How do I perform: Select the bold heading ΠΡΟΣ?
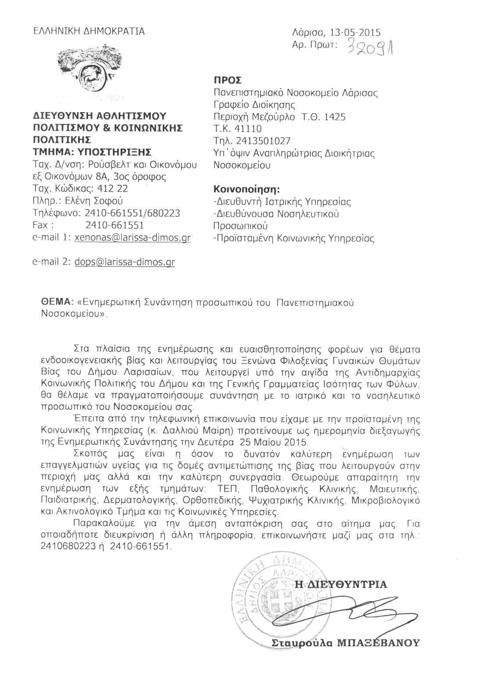pyautogui.click(x=227, y=80)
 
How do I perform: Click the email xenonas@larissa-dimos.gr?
pyautogui.click(x=132, y=238)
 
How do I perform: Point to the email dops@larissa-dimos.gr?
pyautogui.click(x=125, y=262)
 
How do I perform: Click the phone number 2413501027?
pyautogui.click(x=263, y=141)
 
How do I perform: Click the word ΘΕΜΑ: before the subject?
pyautogui.click(x=56, y=302)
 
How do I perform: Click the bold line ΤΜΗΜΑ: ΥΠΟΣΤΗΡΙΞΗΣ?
pyautogui.click(x=92, y=152)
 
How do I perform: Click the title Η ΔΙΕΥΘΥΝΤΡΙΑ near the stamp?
pyautogui.click(x=341, y=584)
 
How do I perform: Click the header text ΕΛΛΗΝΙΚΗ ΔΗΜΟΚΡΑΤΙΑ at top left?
pyautogui.click(x=89, y=31)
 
